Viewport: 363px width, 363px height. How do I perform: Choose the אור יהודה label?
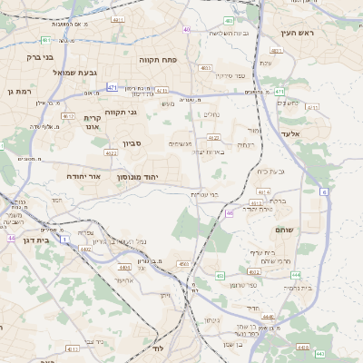point(88,176)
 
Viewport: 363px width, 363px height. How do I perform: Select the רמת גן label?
point(19,91)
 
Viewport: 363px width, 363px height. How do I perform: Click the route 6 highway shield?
point(323,191)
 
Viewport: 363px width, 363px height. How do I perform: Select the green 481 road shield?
point(46,40)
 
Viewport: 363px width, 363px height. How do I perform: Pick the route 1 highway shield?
point(64,240)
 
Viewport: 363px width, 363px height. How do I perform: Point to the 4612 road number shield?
point(68,116)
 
